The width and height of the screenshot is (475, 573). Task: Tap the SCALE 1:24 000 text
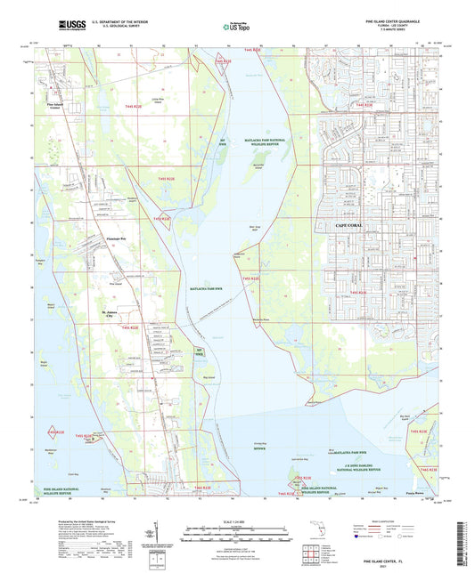tap(236, 521)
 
